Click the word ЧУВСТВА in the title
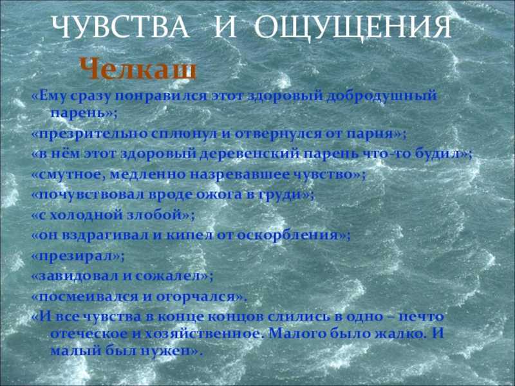[x=121, y=27]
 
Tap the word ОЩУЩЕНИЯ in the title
[x=353, y=28]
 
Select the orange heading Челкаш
[x=138, y=69]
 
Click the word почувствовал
[x=91, y=195]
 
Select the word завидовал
[x=79, y=276]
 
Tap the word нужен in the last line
[x=166, y=351]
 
